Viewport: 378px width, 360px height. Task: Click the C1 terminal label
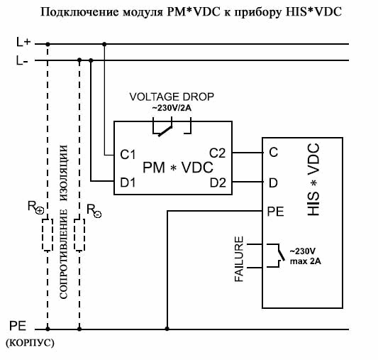pos(128,154)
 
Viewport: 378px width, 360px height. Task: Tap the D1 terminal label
pos(128,182)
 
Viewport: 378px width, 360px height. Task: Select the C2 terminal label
pos(218,153)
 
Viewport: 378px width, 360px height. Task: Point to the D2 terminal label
pos(218,182)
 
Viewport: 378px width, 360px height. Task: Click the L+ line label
pos(23,42)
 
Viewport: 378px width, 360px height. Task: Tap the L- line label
pos(22,60)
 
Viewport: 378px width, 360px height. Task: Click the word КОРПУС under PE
pos(30,343)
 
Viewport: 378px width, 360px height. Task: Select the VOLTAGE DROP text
pos(172,97)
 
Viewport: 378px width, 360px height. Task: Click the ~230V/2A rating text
pos(172,108)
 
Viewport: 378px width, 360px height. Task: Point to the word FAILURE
pos(239,259)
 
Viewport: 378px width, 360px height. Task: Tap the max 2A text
pos(306,261)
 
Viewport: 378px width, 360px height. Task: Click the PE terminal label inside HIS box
pos(276,212)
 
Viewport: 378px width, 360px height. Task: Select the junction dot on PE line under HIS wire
pos(167,329)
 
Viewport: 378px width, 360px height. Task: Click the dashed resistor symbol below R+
pos(48,234)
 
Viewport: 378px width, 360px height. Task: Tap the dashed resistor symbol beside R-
pos(79,234)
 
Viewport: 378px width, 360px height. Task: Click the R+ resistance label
pos(36,207)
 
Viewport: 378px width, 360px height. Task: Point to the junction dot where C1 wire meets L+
pos(104,44)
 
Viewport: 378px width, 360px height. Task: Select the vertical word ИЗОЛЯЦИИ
pos(63,173)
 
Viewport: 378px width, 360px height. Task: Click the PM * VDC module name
pos(178,168)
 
